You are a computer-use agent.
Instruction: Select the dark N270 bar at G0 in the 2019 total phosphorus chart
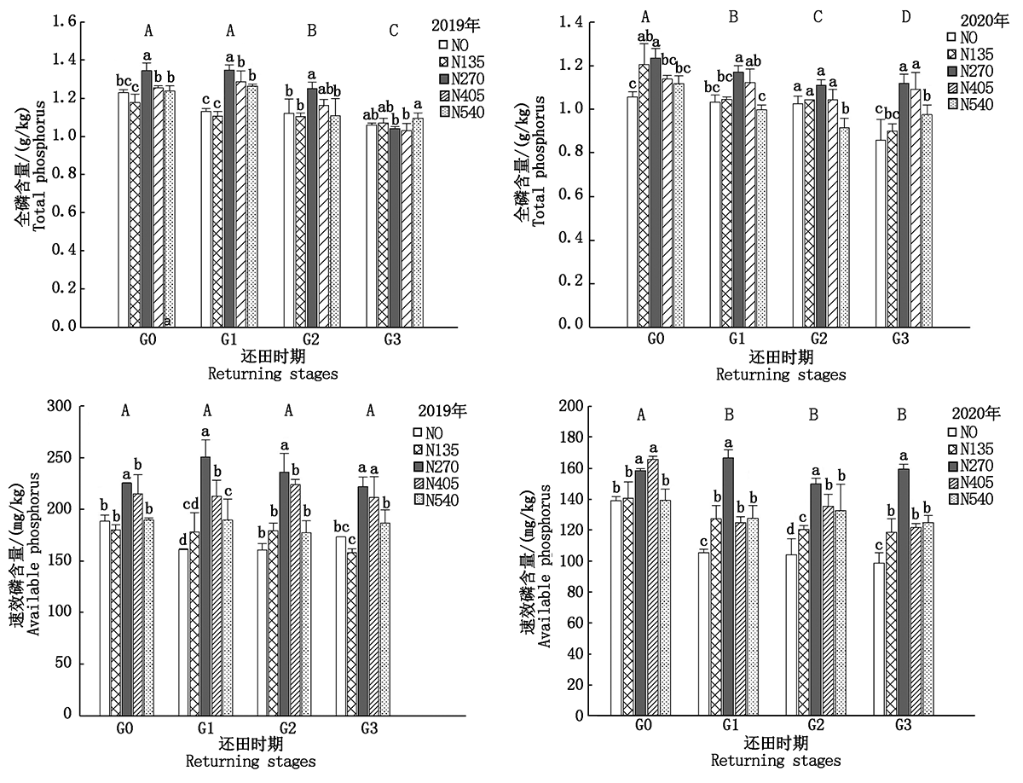pyautogui.click(x=147, y=198)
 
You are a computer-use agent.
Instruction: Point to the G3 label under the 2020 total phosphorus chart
pyautogui.click(x=899, y=339)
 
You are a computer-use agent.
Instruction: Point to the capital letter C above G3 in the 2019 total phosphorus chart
pyautogui.click(x=393, y=32)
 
